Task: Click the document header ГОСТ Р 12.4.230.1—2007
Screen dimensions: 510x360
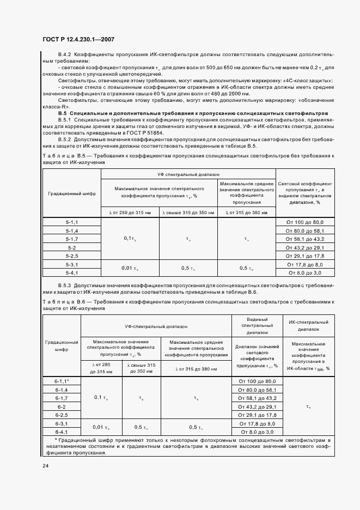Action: pos(78,39)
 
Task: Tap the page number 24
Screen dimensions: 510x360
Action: pos(45,466)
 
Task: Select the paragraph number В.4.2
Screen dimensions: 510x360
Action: pos(65,55)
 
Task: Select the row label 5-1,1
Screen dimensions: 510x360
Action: pos(72,222)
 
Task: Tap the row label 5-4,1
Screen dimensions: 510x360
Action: pos(72,272)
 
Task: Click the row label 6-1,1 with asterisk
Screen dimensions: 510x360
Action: pos(62,381)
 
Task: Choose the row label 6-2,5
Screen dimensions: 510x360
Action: pos(61,415)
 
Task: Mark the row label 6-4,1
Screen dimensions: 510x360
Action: pos(61,432)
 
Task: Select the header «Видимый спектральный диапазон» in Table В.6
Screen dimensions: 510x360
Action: pos(257,326)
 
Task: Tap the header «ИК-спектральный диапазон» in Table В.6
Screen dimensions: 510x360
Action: pos(308,326)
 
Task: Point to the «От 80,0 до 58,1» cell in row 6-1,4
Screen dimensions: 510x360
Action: pos(257,390)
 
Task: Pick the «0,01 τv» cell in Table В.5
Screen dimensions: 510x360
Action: pos(131,268)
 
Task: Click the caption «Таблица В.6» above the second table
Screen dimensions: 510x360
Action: pos(61,301)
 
